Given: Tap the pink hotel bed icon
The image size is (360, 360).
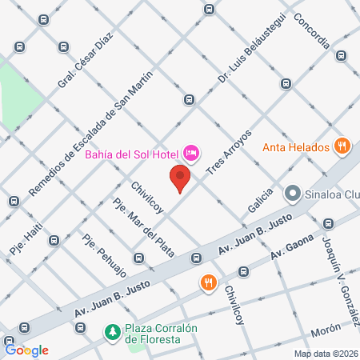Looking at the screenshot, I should [x=191, y=151].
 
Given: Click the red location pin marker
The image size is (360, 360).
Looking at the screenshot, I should [x=180, y=178].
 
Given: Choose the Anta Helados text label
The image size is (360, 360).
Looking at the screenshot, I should [x=296, y=147].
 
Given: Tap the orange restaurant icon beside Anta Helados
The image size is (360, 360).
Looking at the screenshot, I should [x=342, y=146].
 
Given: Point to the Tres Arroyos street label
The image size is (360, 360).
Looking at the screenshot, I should [x=229, y=152].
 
